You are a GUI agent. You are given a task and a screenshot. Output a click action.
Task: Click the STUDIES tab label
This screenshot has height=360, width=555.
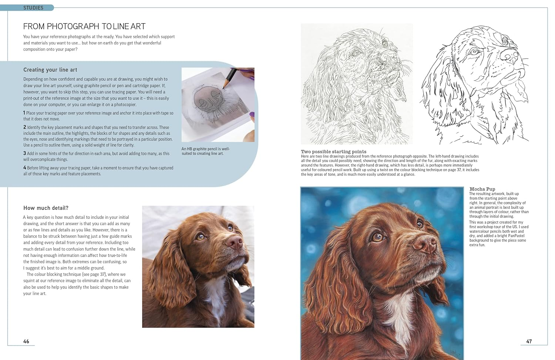33,8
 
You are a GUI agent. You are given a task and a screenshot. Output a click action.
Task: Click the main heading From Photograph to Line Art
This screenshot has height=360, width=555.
84,26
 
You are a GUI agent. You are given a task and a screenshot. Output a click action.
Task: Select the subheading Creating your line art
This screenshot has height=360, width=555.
50,70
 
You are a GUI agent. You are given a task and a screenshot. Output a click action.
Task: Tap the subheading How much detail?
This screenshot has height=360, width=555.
46,208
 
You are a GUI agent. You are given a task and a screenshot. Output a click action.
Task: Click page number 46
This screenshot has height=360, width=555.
26,341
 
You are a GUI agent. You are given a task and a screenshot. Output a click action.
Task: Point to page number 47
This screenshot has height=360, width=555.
529,341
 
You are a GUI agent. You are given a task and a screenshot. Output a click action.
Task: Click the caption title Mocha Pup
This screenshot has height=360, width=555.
482,189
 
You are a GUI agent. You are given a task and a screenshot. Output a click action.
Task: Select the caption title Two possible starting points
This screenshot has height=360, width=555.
333,152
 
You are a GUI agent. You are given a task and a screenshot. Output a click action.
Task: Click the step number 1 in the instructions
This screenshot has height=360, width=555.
24,113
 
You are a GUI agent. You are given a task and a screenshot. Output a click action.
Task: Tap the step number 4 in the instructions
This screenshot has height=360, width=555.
24,168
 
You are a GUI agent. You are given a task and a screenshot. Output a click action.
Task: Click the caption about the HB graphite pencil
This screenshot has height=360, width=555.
205,151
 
